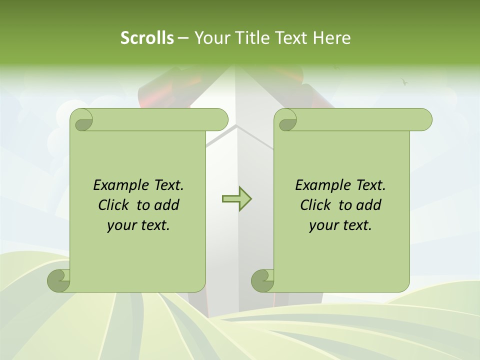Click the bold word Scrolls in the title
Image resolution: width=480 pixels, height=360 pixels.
(147, 38)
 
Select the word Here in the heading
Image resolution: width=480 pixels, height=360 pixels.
(331, 38)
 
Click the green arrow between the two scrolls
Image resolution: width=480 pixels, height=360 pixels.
(236, 199)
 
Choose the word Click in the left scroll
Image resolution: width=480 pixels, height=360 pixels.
(113, 205)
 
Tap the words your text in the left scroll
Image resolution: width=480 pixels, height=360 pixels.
(138, 225)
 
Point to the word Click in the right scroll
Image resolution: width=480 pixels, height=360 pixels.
(315, 205)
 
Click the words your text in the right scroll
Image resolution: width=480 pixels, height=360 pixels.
(340, 225)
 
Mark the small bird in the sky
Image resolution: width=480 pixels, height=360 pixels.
(404, 81)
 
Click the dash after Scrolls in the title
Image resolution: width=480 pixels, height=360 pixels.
(183, 38)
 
